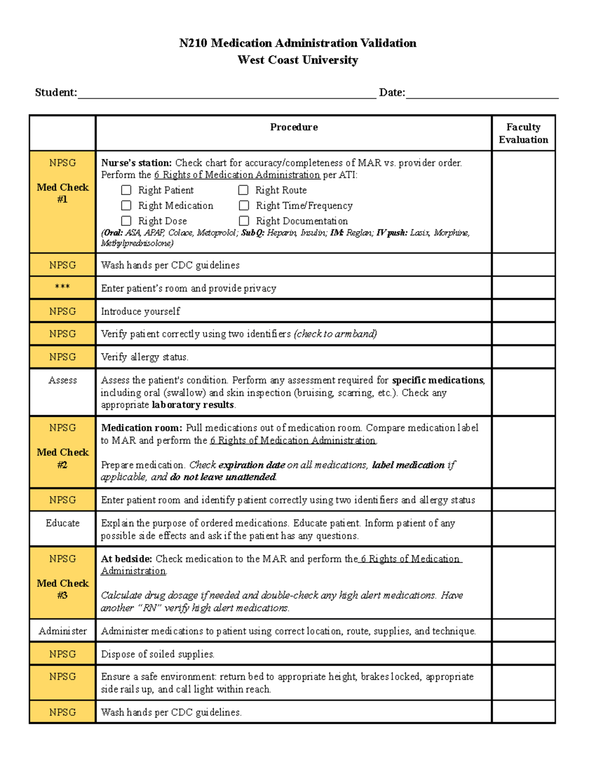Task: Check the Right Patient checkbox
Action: pyautogui.click(x=127, y=190)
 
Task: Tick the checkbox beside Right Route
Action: pyautogui.click(x=243, y=190)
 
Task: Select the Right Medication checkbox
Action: pyautogui.click(x=127, y=206)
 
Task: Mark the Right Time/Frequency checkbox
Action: pyautogui.click(x=244, y=206)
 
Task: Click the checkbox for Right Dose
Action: pyautogui.click(x=127, y=221)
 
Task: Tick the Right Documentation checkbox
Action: pyautogui.click(x=244, y=221)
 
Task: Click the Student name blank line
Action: pyautogui.click(x=226, y=94)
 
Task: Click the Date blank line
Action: pyautogui.click(x=482, y=94)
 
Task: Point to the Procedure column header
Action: pyautogui.click(x=294, y=128)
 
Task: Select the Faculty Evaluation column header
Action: pyautogui.click(x=523, y=134)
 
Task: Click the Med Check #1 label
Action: pyautogui.click(x=63, y=193)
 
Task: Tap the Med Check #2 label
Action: pyautogui.click(x=63, y=458)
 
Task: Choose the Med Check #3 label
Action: pyautogui.click(x=63, y=589)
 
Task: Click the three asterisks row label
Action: pyautogui.click(x=63, y=287)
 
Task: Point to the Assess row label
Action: pyautogui.click(x=63, y=380)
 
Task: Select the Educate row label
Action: pyautogui.click(x=63, y=523)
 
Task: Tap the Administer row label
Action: pyautogui.click(x=63, y=631)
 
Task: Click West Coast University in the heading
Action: pyautogui.click(x=298, y=60)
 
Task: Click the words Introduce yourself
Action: pyautogui.click(x=141, y=311)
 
